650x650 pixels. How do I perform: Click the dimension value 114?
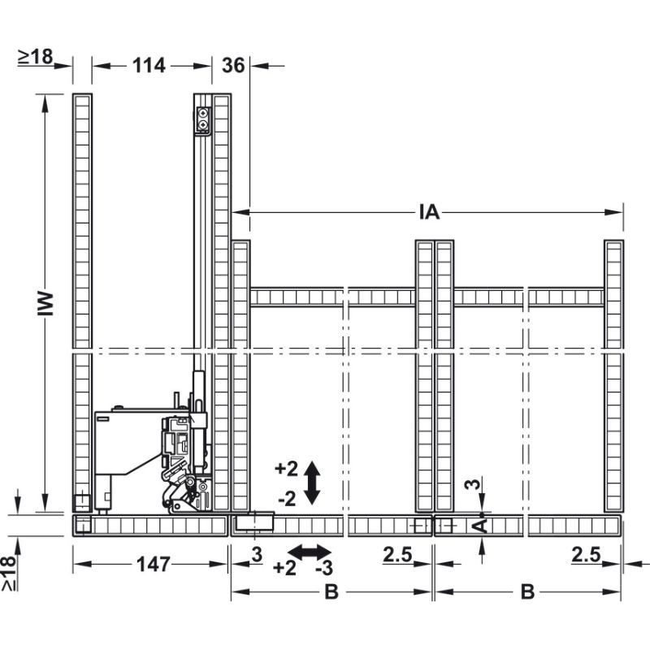click(x=149, y=66)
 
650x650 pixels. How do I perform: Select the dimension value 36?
click(x=233, y=66)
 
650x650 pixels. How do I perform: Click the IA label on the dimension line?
click(x=429, y=213)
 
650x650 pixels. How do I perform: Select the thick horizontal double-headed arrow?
click(x=305, y=553)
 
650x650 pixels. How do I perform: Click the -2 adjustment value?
click(x=286, y=498)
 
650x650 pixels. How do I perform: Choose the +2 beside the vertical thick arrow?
click(x=286, y=469)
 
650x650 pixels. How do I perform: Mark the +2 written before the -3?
click(x=284, y=567)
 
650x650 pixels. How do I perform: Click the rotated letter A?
click(x=481, y=526)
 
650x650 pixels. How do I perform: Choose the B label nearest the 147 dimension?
click(x=331, y=592)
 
